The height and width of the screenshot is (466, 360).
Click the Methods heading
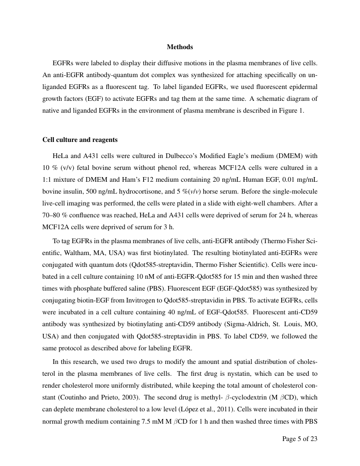point(180,47)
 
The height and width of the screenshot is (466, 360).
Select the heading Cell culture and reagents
point(80,139)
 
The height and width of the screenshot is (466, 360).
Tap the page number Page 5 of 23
point(299,438)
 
